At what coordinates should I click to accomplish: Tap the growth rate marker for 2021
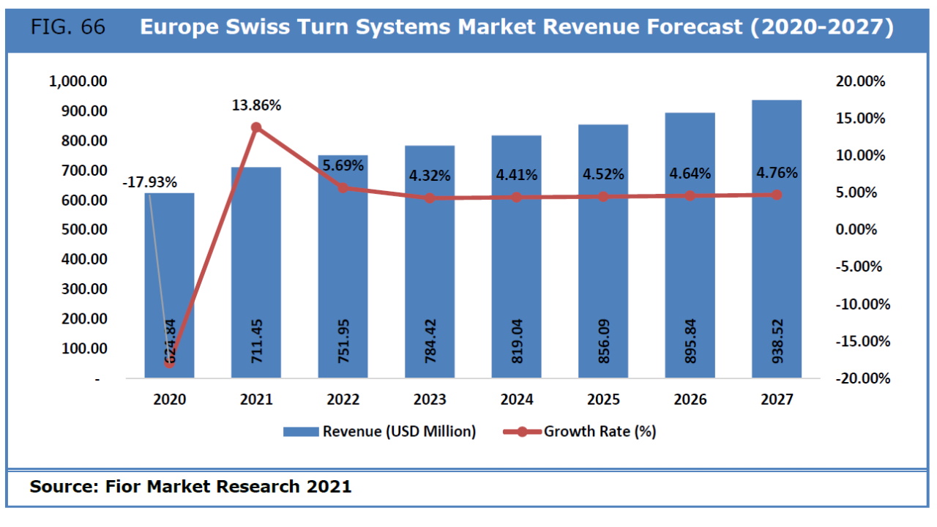pos(256,127)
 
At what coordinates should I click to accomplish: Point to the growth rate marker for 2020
pos(170,362)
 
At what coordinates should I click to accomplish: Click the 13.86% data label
pos(256,105)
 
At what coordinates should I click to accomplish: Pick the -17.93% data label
pos(149,182)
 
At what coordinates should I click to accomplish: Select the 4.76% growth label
pos(777,173)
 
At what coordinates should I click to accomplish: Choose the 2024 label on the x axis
pos(517,400)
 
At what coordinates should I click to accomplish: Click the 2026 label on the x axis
pos(690,400)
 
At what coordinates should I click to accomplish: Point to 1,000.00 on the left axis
pos(78,81)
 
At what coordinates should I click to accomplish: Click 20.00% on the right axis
pos(860,81)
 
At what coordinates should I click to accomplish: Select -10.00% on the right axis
pos(860,304)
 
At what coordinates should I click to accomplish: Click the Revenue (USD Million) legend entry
pos(399,432)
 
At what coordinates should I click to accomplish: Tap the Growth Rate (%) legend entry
pos(599,432)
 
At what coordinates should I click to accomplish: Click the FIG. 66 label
pos(68,28)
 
